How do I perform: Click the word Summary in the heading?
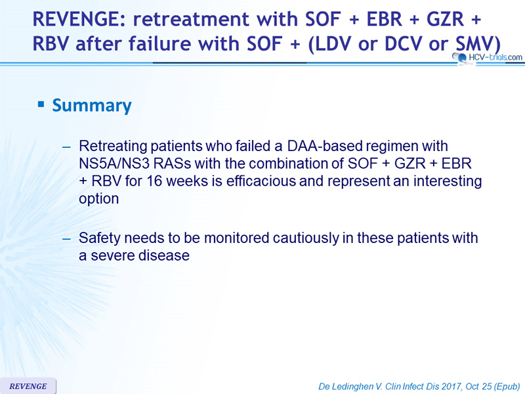[92, 106]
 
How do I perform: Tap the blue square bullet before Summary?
[41, 104]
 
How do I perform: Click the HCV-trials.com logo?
[487, 58]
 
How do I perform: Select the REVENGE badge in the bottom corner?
[28, 386]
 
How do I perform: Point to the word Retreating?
[113, 146]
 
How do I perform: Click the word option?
[99, 199]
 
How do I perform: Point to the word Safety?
[100, 238]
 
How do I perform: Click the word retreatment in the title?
[191, 19]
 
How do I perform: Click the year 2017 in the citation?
[451, 386]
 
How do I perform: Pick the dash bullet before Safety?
[67, 238]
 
